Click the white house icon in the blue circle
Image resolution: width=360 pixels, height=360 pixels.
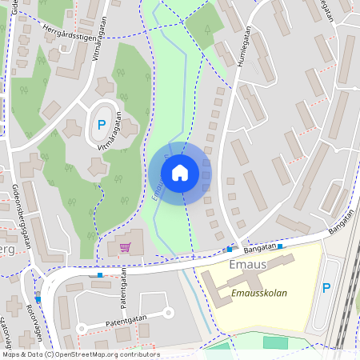click(180, 173)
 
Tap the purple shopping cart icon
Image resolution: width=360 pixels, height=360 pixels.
click(126, 247)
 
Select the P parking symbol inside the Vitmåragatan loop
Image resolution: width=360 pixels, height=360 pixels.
click(102, 124)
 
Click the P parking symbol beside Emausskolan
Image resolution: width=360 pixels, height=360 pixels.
click(326, 288)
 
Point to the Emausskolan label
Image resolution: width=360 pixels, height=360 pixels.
click(258, 293)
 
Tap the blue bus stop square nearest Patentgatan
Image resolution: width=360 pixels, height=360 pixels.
click(100, 275)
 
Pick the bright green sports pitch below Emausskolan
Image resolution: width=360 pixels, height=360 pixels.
click(275, 342)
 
